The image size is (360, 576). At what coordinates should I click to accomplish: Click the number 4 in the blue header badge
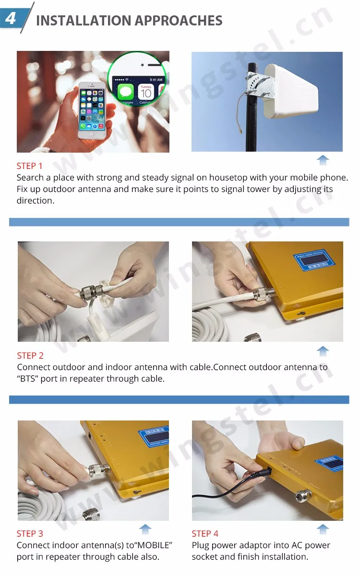coord(10,19)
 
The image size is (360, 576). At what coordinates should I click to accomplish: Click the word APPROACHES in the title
coord(179,21)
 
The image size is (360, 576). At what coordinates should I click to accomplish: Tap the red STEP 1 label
coord(29,166)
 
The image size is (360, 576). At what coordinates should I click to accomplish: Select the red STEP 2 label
coord(30,355)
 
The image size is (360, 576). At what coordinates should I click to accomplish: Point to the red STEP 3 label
coord(30,534)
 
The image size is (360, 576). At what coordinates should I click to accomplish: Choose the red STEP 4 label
coord(205,534)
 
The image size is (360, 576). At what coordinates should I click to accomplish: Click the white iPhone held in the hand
coord(92,110)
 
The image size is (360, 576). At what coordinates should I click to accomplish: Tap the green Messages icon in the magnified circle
coord(125,92)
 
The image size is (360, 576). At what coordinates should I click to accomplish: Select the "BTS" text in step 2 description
coord(28,379)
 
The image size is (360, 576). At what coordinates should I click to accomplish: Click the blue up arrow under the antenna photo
coord(323,160)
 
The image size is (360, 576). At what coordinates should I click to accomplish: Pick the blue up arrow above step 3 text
coord(145,529)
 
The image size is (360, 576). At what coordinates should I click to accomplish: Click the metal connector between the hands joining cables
coord(91,292)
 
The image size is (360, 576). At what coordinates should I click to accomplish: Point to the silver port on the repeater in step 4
coord(303,495)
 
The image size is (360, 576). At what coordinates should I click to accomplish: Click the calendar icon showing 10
coord(146,93)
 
